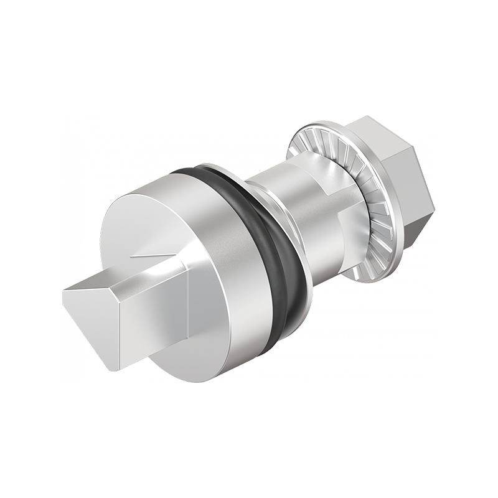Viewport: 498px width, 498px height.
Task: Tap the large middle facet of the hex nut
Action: [x=405, y=181]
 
